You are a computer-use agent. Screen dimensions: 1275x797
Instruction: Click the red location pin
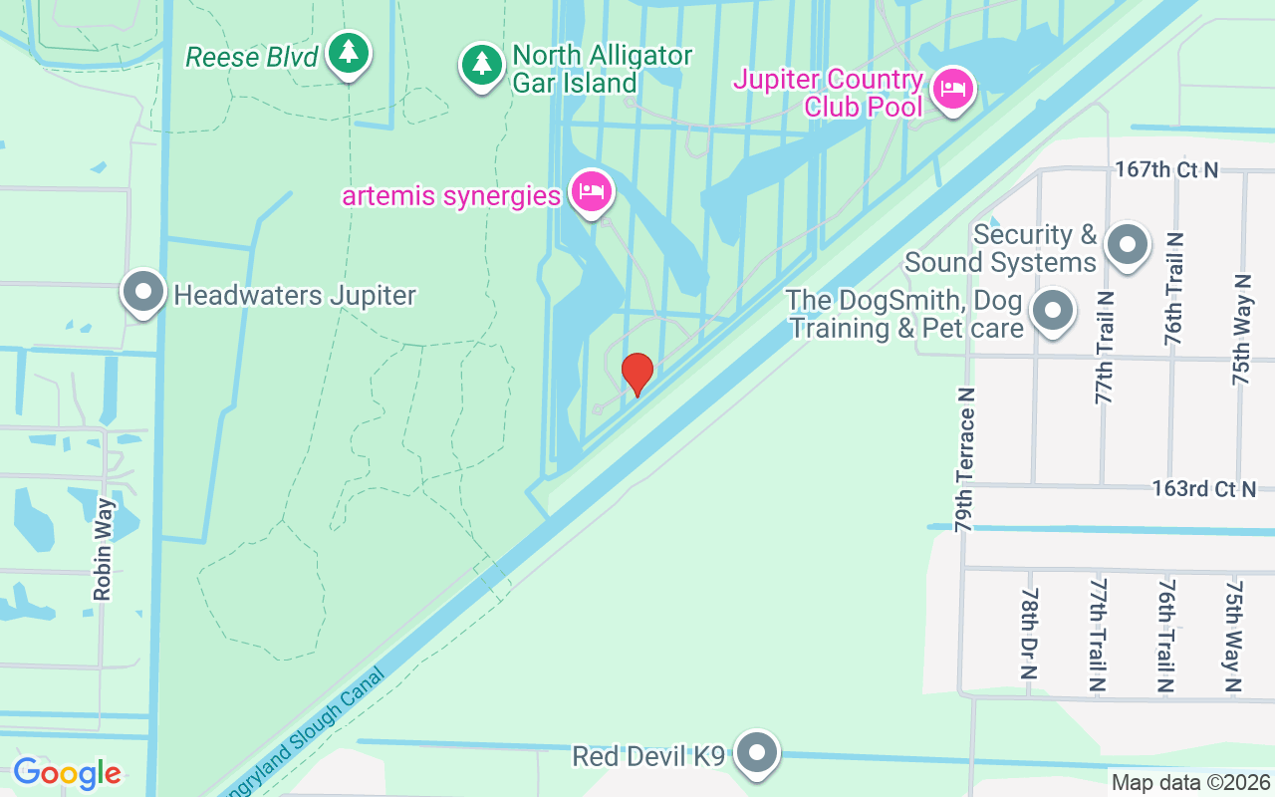(x=637, y=374)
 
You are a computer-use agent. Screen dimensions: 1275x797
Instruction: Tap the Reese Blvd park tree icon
(x=348, y=53)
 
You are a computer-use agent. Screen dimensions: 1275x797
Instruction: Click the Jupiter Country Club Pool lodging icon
(x=953, y=90)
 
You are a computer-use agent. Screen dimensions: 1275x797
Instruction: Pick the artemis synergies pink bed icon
(x=591, y=191)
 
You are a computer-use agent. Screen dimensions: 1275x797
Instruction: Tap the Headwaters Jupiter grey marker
(x=143, y=293)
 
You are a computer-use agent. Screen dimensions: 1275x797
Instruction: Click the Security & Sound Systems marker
(x=1128, y=244)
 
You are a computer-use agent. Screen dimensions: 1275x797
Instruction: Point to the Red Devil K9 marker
(x=757, y=754)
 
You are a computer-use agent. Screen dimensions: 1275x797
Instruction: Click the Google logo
(x=67, y=773)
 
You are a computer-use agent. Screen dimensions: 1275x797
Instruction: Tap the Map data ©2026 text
(x=1190, y=782)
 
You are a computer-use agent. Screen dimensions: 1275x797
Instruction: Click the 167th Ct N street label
(x=1166, y=170)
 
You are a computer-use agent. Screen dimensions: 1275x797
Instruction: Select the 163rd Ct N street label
(x=1203, y=489)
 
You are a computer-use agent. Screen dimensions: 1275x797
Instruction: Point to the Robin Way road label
(x=103, y=550)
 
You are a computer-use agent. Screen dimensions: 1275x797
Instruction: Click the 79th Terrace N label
(x=963, y=459)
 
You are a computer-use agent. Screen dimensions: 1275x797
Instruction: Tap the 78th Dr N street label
(x=1030, y=634)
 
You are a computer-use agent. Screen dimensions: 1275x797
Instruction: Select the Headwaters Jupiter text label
(x=295, y=296)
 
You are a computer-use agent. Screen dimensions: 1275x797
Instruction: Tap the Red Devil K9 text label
(x=648, y=756)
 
